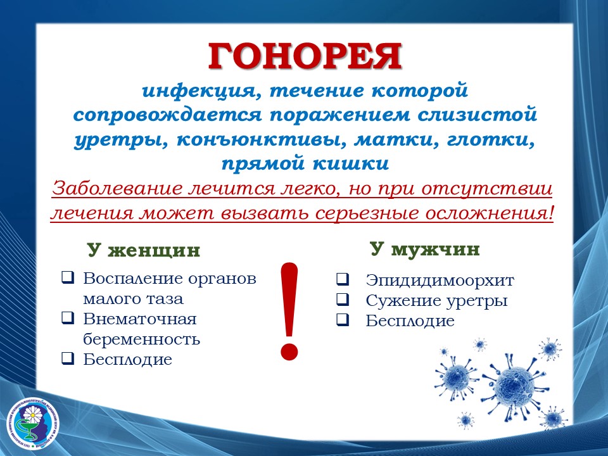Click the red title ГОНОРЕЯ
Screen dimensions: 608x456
(305, 56)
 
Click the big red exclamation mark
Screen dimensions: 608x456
(289, 312)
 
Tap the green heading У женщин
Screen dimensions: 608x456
(144, 250)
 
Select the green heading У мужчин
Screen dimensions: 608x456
(424, 249)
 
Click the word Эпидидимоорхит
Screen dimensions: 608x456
(440, 280)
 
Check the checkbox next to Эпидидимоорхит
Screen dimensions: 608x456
(343, 279)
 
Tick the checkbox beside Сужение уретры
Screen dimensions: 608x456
(343, 299)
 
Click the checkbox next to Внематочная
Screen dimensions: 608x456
(68, 317)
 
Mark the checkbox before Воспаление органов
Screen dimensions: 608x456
(68, 277)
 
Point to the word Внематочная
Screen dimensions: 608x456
(140, 319)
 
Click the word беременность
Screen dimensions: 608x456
(141, 339)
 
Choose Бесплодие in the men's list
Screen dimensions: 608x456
(410, 320)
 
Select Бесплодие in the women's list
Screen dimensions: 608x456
(127, 360)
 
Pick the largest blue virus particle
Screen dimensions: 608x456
(514, 386)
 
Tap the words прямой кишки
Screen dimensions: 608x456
(305, 163)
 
